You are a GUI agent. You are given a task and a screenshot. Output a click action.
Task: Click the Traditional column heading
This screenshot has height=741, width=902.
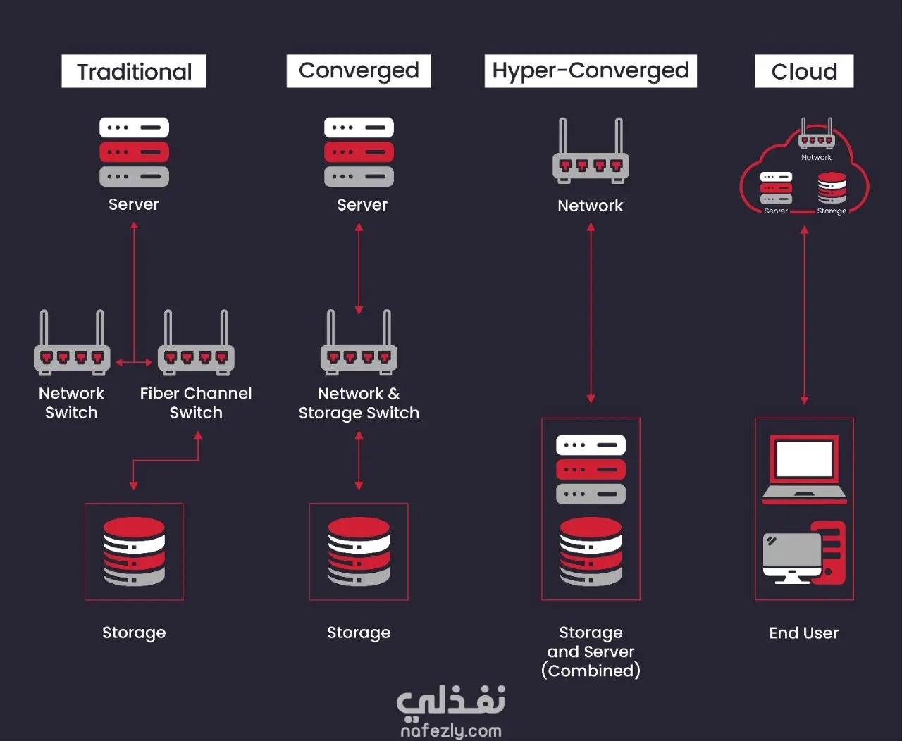pos(134,71)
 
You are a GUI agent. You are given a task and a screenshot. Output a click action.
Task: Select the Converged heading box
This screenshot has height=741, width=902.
pos(359,71)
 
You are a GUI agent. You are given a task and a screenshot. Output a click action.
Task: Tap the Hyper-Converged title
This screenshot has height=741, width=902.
pos(591,71)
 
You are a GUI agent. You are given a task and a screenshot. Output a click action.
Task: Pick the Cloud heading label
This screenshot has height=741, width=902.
pos(804,71)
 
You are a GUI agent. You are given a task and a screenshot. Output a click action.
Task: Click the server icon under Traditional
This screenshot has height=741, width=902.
pos(135,151)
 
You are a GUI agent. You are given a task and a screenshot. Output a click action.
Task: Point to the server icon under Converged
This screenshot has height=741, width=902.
pos(359,151)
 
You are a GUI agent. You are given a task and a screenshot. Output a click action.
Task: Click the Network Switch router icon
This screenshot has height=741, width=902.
pos(72,342)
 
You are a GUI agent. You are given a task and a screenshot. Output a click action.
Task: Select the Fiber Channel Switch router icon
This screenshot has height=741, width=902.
pos(196,342)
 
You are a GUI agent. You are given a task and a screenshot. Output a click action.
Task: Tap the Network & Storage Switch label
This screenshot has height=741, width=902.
pos(359,403)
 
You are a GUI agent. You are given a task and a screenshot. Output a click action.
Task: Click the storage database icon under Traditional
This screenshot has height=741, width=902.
pos(134,552)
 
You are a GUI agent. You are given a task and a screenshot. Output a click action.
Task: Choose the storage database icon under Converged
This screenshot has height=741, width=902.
pos(359,552)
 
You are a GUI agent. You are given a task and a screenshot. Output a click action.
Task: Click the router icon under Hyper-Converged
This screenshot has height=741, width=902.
pos(591,151)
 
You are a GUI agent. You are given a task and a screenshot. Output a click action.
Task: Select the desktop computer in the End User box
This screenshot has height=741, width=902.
pos(804,553)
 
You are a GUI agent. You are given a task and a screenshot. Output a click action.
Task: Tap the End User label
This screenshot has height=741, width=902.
pos(804,633)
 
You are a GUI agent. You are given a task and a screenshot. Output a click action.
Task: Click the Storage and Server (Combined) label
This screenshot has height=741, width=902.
pos(591,652)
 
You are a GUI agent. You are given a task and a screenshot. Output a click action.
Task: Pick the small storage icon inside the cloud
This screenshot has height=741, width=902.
pos(832,188)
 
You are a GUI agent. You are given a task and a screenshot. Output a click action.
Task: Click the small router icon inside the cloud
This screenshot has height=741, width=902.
pos(817,133)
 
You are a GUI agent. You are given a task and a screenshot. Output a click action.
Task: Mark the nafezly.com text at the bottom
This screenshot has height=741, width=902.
pos(451,730)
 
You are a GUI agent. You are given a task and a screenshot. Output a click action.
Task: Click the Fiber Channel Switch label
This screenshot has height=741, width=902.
pos(196,403)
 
